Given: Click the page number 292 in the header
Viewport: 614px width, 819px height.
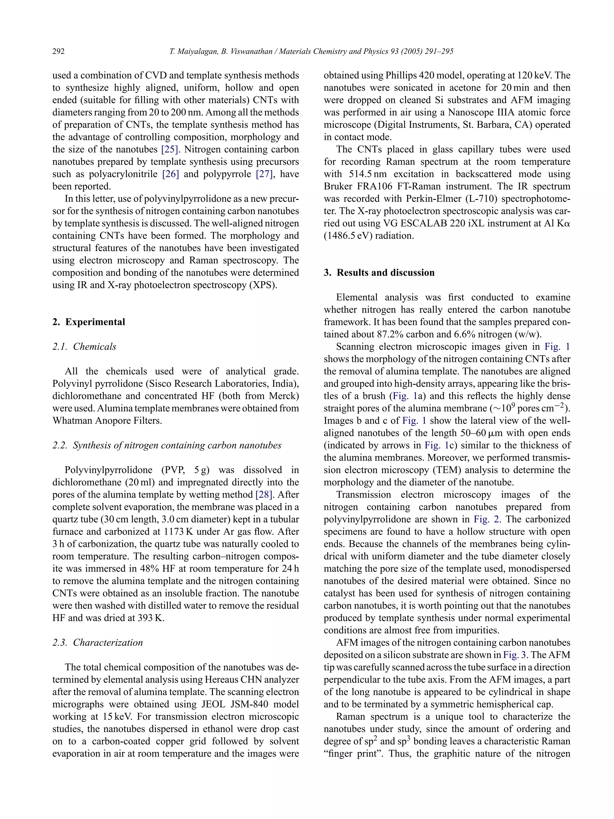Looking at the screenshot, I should coord(58,52).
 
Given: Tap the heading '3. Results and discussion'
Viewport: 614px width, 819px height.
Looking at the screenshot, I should coord(379,272).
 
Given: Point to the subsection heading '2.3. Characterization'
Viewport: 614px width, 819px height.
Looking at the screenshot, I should coord(97,642).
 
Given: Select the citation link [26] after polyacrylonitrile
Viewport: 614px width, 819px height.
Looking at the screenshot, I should coord(170,174).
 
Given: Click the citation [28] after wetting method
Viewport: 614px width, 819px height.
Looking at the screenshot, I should coord(264,495).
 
